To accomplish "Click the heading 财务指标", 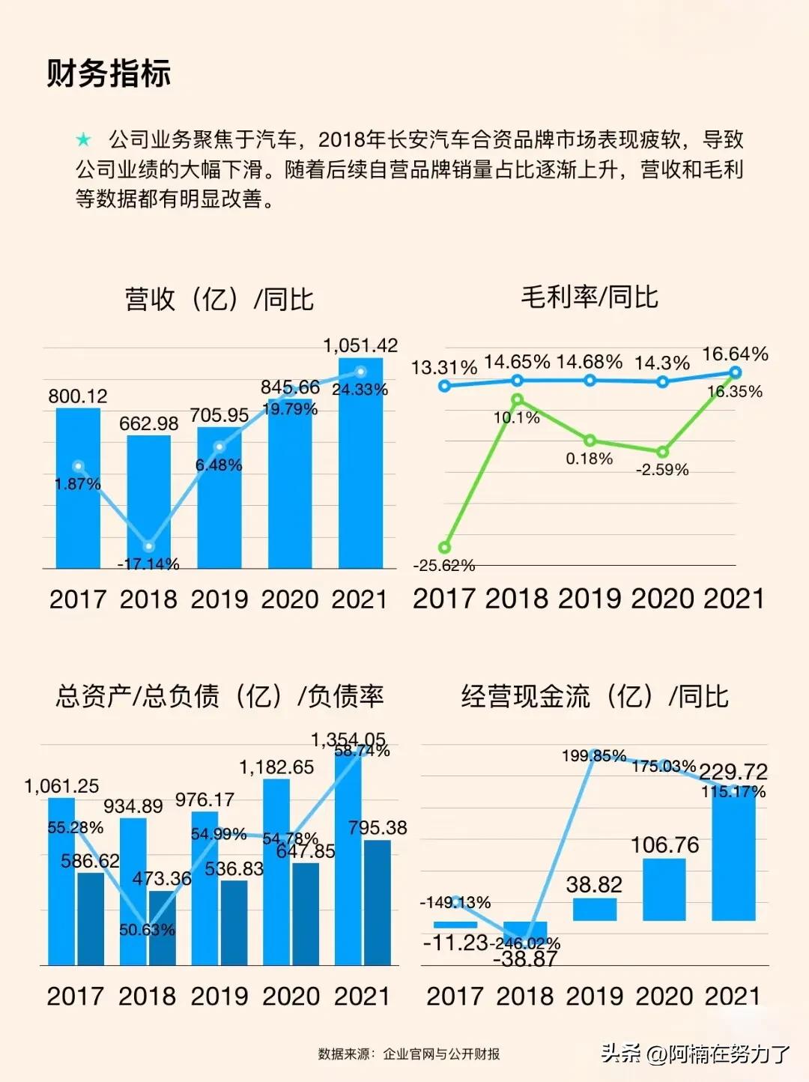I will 109,73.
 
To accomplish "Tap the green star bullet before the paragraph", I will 83,140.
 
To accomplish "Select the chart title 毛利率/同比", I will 589,297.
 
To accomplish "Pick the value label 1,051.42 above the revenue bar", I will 360,345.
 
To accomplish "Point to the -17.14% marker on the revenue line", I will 148,546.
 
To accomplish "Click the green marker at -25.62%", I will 445,548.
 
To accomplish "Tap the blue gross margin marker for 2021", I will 735,372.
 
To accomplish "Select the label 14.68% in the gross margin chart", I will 589,362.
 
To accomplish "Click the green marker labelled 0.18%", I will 590,441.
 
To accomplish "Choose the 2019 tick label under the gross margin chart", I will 589,599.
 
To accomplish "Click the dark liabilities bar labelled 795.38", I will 377,902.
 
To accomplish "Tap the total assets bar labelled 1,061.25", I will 61,880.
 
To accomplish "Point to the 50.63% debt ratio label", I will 147,930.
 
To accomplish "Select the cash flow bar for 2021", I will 733,854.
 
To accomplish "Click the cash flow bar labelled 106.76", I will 664,889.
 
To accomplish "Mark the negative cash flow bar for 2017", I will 455,925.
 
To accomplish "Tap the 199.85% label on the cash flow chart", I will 593,756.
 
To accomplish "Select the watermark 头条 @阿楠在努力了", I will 694,1054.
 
